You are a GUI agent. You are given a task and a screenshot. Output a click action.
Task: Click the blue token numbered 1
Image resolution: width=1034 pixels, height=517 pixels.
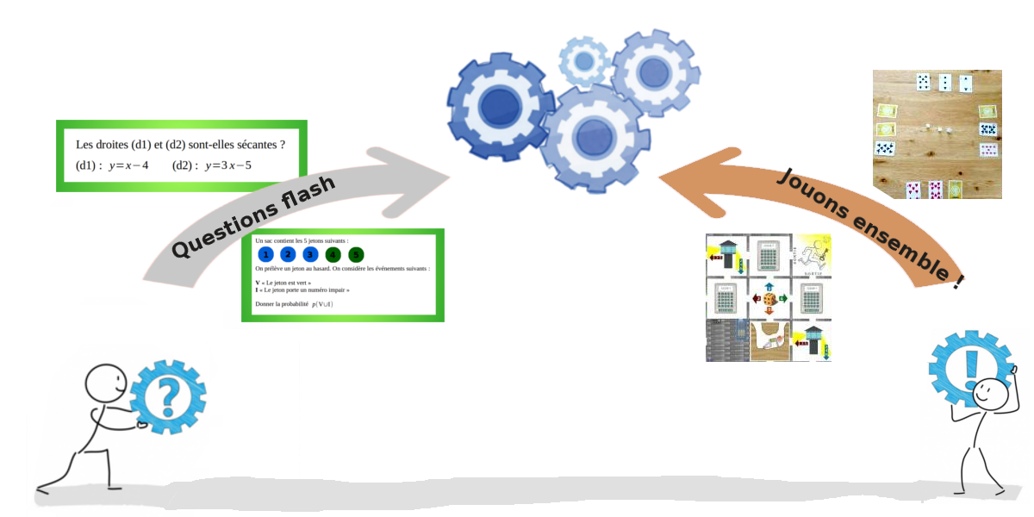click(x=266, y=254)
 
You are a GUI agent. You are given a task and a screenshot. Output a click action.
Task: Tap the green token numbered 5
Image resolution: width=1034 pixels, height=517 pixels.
click(x=356, y=254)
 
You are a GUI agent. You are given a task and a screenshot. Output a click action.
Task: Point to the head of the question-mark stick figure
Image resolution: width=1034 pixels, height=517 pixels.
click(x=105, y=382)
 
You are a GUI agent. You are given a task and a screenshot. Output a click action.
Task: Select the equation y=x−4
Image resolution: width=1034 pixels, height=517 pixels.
click(x=128, y=165)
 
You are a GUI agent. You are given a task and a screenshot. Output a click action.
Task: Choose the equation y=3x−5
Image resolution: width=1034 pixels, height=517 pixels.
click(x=227, y=165)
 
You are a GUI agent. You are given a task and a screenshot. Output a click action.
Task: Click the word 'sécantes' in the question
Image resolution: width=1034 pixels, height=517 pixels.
click(x=247, y=144)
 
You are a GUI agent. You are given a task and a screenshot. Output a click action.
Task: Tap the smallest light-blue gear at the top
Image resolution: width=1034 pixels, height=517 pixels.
click(x=584, y=60)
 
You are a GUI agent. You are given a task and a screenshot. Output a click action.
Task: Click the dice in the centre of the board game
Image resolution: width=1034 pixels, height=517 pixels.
click(x=769, y=298)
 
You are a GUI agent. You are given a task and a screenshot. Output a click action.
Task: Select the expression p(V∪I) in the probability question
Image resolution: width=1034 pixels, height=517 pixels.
click(x=324, y=304)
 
